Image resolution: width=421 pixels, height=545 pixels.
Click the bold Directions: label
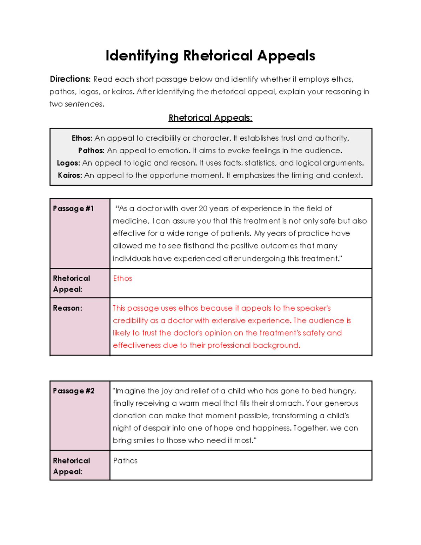click(x=70, y=79)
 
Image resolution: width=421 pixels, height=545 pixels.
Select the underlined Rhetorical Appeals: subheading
click(x=210, y=118)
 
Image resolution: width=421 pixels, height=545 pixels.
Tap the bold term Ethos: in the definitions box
click(x=82, y=138)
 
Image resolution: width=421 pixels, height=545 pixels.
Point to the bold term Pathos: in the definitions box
click(x=91, y=151)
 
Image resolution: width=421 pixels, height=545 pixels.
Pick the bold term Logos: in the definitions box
click(x=68, y=163)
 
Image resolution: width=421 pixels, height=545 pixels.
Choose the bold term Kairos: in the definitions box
click(x=70, y=175)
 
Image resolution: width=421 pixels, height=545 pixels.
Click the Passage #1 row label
click(x=73, y=208)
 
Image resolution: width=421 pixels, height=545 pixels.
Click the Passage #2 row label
click(x=74, y=391)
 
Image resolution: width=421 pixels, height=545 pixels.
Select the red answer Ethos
click(x=122, y=278)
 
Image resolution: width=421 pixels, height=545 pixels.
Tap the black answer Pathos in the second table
click(x=125, y=461)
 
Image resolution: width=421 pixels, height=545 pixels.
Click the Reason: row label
click(x=67, y=308)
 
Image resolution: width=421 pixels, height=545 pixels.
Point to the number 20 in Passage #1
click(x=203, y=208)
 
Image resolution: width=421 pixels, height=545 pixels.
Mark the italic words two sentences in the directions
click(x=76, y=104)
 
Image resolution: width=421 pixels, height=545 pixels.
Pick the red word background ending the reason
click(x=275, y=345)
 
